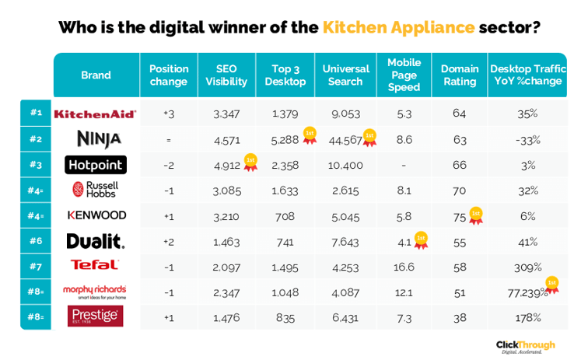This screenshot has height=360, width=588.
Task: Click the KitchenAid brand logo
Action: (95, 114)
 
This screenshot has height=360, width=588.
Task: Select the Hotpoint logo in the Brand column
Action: (95, 165)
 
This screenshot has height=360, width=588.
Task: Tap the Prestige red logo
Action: (95, 316)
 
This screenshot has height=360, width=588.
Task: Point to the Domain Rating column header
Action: (459, 75)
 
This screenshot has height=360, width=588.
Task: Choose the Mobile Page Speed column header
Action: (404, 75)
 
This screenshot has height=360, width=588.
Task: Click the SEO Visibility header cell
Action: (226, 75)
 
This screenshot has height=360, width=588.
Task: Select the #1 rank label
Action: (36, 113)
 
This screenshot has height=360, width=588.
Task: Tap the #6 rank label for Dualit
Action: (36, 240)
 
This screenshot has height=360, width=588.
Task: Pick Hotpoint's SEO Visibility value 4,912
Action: (226, 165)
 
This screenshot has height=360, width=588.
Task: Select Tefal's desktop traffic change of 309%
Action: (527, 267)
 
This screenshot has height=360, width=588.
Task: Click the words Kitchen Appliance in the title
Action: (398, 27)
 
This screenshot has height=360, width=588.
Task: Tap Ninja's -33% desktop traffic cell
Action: (527, 140)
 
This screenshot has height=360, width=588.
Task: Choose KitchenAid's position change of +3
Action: (169, 114)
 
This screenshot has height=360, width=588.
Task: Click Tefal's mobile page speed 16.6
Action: (404, 267)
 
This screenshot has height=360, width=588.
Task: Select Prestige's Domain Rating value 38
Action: (459, 317)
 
